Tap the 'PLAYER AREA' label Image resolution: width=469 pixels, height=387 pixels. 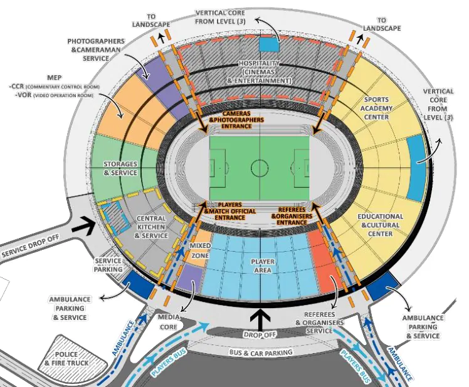click(x=263, y=266)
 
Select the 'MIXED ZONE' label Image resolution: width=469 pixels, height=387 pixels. click(x=200, y=250)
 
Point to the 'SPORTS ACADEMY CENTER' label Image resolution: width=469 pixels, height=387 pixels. click(x=376, y=108)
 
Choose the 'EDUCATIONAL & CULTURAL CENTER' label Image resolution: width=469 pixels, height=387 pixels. click(x=380, y=225)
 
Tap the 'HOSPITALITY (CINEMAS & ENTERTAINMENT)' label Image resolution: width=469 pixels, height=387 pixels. click(x=259, y=72)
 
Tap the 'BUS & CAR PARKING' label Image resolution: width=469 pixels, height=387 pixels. click(x=261, y=353)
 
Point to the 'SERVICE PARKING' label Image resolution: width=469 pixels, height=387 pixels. click(x=108, y=265)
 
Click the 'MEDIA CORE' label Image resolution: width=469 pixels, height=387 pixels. click(x=169, y=322)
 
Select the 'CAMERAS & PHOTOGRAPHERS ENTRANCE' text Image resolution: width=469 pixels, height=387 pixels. click(x=236, y=120)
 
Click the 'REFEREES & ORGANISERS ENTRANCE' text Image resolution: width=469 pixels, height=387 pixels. click(x=292, y=216)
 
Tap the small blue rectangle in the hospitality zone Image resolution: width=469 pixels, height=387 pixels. click(x=270, y=43)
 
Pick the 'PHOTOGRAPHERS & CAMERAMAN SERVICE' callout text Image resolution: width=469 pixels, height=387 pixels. click(x=96, y=49)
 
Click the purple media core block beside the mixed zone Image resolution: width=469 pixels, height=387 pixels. click(x=191, y=277)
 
